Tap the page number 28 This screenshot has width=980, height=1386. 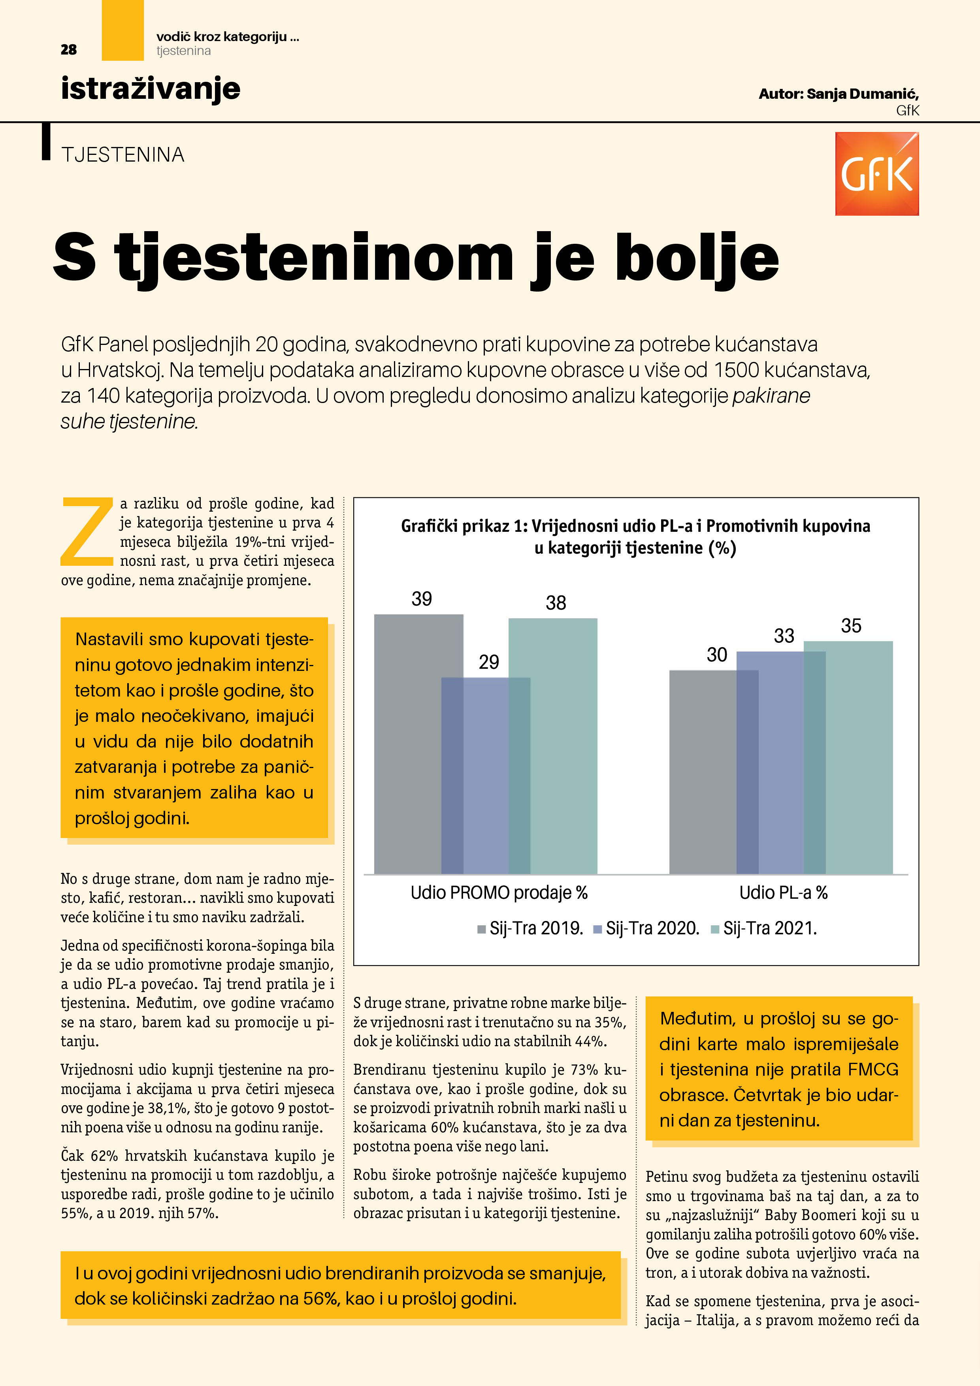coord(68,49)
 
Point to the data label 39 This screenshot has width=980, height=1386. coord(422,599)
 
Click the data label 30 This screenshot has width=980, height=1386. coord(717,654)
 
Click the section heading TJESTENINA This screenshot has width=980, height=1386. coord(122,155)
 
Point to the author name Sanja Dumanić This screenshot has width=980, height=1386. coord(862,94)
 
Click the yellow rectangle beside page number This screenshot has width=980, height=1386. coord(122,30)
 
